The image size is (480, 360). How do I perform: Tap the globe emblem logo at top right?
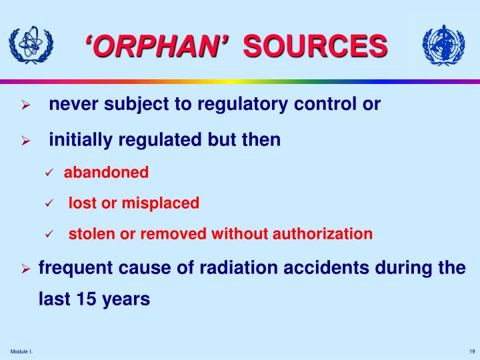click(443, 45)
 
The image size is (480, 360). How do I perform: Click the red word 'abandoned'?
click(106, 172)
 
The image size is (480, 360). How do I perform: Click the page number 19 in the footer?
click(471, 352)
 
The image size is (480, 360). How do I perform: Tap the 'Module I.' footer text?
click(22, 352)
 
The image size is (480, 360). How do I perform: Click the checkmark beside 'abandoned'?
click(49, 173)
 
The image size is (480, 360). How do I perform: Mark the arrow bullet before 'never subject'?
click(25, 105)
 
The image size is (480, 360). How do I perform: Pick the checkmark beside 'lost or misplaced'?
click(49, 204)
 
